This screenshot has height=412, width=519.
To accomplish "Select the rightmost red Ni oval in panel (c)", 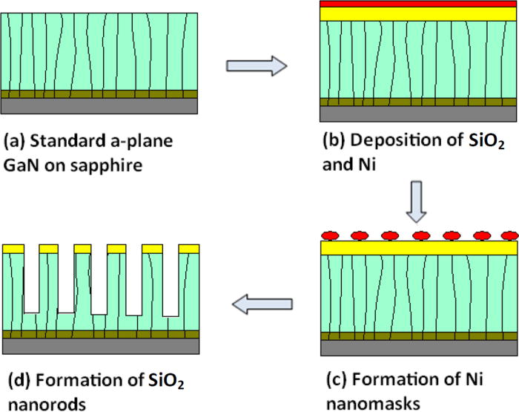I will click(x=508, y=235).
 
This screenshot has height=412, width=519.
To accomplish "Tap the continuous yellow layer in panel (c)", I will click(x=417, y=248).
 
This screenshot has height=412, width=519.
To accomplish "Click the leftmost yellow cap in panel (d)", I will click(x=13, y=248).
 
